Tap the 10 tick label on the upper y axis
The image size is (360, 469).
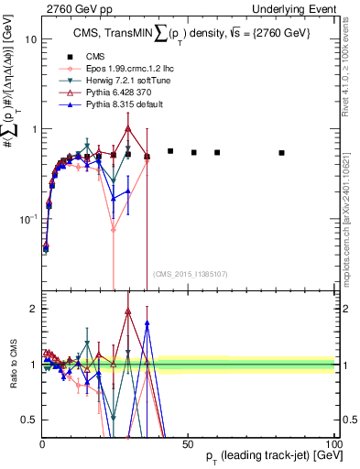point(29,40)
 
